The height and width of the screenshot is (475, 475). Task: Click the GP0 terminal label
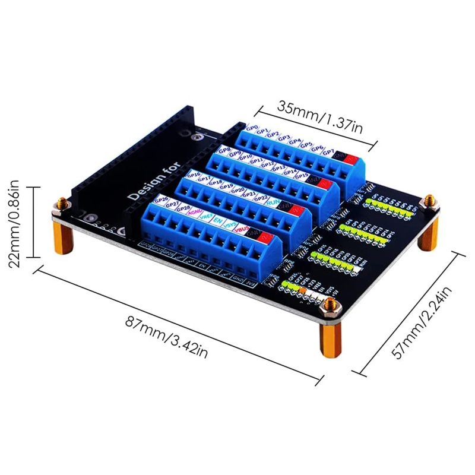coord(252,128)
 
